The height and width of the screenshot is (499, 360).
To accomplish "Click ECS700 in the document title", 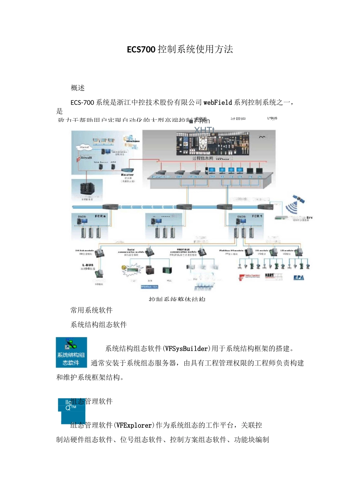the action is tap(141, 50).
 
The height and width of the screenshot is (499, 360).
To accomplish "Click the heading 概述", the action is tap(78, 88).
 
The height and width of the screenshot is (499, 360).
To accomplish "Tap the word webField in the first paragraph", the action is tap(218, 102).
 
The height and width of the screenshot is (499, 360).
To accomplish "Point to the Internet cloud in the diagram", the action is tap(84, 147).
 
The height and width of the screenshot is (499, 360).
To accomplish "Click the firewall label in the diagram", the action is tap(86, 157).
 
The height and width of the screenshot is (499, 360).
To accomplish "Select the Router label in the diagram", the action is tap(127, 175).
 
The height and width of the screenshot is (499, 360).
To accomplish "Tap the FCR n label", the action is tap(100, 216).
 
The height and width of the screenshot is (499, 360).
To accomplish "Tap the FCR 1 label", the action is tap(257, 216).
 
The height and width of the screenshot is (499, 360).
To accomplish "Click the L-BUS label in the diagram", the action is tap(88, 265).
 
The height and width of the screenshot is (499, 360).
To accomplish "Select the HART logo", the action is tap(269, 275).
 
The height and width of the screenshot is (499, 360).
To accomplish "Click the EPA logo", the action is tap(299, 278).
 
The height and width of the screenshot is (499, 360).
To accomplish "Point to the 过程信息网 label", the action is tap(202, 158).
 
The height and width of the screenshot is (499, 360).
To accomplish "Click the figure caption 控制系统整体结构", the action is tap(177, 299).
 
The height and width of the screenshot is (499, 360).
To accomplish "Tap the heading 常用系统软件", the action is tap(91, 310).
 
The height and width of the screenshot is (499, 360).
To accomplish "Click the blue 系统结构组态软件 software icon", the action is tap(71, 352).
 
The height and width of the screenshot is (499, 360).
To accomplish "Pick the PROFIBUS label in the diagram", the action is tap(183, 250).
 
